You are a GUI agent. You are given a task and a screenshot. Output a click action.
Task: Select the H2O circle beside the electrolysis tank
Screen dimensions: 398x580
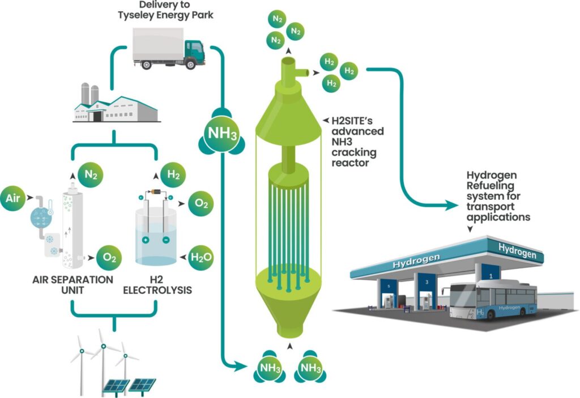[x=201, y=258]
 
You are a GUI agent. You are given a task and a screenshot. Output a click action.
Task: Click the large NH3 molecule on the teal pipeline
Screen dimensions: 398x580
[x=221, y=135]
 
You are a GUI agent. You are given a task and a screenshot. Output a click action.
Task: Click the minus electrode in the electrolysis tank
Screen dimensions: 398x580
[x=165, y=239]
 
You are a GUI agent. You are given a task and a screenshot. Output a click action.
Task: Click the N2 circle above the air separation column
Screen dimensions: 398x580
[x=89, y=175]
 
